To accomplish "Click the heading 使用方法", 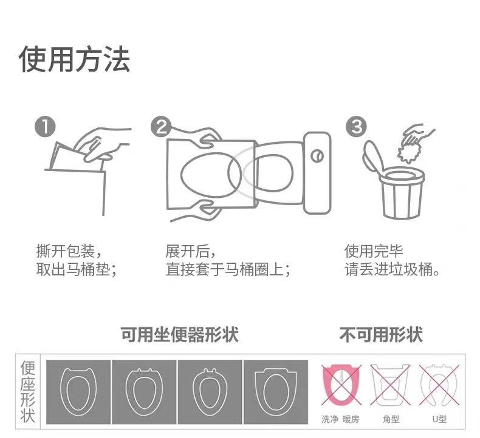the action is pyautogui.click(x=74, y=59).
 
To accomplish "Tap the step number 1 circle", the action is pyautogui.click(x=45, y=127).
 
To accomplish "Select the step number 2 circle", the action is pyautogui.click(x=160, y=127).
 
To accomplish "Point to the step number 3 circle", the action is pyautogui.click(x=356, y=127).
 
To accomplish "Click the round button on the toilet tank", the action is pyautogui.click(x=317, y=156).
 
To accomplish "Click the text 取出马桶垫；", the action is pyautogui.click(x=75, y=269).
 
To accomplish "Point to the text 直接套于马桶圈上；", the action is pyautogui.click(x=227, y=269).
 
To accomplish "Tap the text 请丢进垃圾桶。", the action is pyautogui.click(x=393, y=269).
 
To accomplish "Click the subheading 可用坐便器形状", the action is pyautogui.click(x=179, y=334).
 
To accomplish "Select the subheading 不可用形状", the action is pyautogui.click(x=380, y=334).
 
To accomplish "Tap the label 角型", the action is pyautogui.click(x=391, y=419).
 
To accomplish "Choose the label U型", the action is pyautogui.click(x=439, y=419).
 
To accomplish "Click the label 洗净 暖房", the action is pyautogui.click(x=340, y=419).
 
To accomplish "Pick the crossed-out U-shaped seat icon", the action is pyautogui.click(x=439, y=385).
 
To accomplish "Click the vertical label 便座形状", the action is pyautogui.click(x=29, y=392).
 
